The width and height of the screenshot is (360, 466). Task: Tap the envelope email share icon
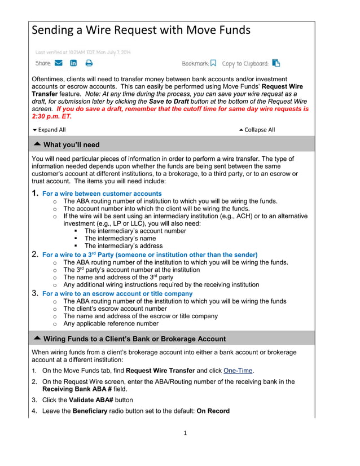click(x=59, y=63)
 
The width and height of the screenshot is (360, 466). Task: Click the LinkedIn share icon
click(x=73, y=63)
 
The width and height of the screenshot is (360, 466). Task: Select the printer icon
click(x=89, y=63)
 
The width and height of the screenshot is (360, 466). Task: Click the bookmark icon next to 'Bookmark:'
click(x=213, y=63)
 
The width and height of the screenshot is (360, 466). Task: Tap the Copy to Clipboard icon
click(x=276, y=63)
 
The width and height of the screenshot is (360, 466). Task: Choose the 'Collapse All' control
click(x=257, y=130)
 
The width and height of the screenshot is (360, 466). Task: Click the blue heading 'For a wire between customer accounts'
click(x=102, y=194)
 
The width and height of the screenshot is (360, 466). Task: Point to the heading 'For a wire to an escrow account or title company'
click(x=117, y=293)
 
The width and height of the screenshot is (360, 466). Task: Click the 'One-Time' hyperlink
click(x=238, y=370)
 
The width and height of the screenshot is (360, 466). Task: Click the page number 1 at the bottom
click(x=185, y=433)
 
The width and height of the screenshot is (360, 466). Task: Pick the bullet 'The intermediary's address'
click(x=123, y=245)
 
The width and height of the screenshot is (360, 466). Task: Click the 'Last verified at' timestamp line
click(x=83, y=52)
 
